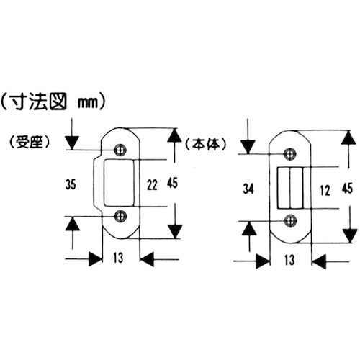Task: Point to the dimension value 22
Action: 152,185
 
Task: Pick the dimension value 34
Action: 249,189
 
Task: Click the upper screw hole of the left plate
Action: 120,150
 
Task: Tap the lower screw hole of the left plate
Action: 120,215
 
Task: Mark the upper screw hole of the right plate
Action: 290,154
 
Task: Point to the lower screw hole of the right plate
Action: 290,220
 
